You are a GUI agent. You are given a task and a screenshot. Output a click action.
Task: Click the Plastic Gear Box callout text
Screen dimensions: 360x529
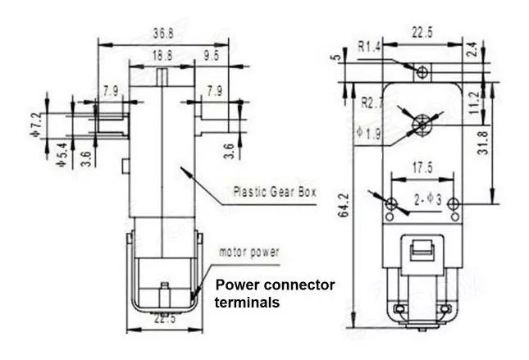275,194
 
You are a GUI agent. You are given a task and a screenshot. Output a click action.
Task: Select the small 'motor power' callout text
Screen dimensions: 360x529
248,253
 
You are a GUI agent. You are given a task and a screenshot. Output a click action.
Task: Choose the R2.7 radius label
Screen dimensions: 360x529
374,103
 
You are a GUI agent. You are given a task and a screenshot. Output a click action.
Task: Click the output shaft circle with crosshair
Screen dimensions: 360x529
422,123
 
